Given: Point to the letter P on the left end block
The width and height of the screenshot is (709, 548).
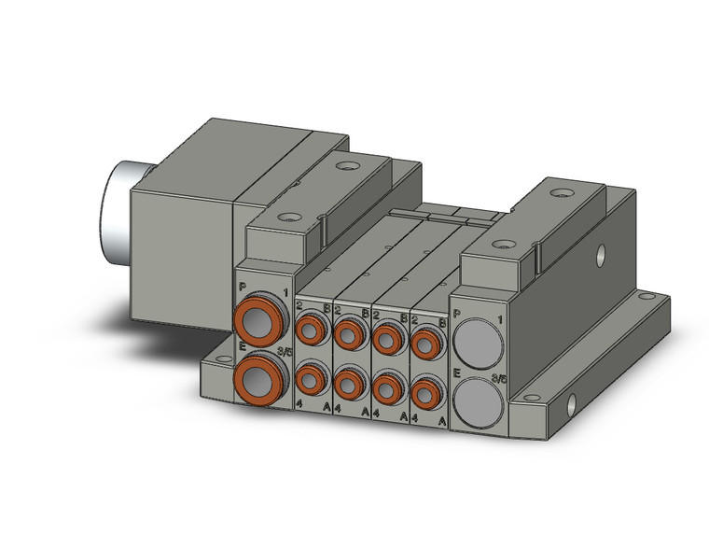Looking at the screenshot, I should pyautogui.click(x=243, y=287).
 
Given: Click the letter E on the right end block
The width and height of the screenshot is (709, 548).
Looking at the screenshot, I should pyautogui.click(x=457, y=372).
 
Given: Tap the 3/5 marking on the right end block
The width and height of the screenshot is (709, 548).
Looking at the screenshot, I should pyautogui.click(x=499, y=379).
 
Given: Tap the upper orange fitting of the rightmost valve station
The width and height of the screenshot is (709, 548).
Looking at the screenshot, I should pyautogui.click(x=425, y=344).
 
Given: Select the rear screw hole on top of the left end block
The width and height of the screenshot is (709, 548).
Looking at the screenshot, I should pyautogui.click(x=348, y=168).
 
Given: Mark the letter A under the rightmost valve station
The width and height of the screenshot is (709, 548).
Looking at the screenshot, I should pyautogui.click(x=441, y=420).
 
